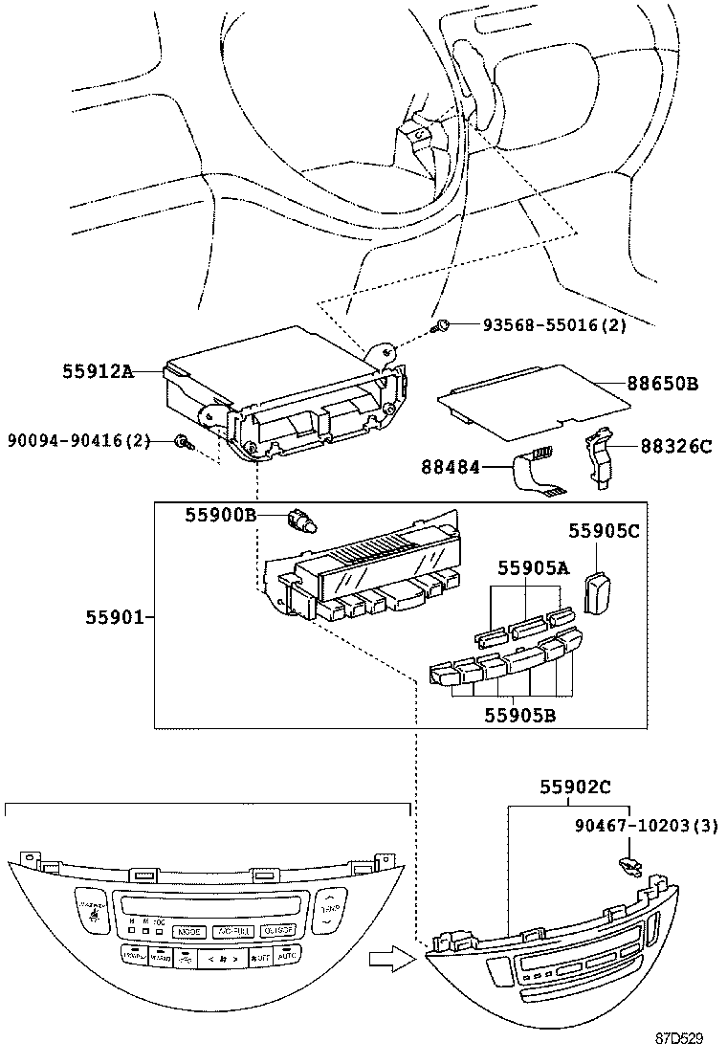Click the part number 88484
452,467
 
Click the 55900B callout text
220,516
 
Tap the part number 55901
116,618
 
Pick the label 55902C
574,787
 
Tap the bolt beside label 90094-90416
183,442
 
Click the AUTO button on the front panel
287,956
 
